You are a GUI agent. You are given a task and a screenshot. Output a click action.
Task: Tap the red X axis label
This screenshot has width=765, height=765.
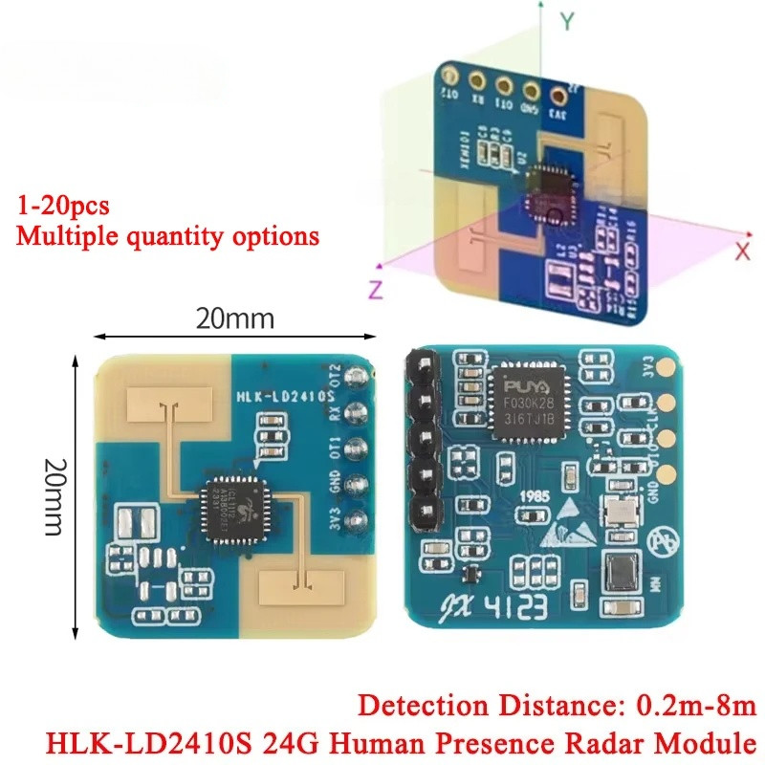(x=742, y=251)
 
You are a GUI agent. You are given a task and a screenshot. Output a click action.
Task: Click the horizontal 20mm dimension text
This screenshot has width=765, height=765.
(x=235, y=318)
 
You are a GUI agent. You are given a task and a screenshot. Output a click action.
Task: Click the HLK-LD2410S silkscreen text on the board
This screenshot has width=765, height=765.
(x=284, y=394)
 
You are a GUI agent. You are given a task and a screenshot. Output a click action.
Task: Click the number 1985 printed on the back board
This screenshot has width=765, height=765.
(x=534, y=497)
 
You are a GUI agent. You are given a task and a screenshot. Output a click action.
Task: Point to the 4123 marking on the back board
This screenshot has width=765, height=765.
(x=549, y=606)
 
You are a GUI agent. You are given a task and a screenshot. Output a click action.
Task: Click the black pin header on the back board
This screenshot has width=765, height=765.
(x=417, y=442)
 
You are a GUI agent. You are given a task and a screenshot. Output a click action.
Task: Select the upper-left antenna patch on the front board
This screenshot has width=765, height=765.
(x=170, y=405)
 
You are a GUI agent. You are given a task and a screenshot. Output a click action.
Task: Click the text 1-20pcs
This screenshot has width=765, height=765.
(x=63, y=205)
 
